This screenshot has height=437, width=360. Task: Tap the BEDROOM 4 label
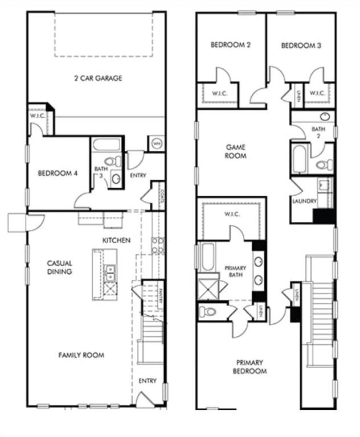58,174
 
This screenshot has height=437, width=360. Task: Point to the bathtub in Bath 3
107,145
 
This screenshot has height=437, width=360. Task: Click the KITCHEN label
116,240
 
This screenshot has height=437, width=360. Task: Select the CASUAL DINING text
59,267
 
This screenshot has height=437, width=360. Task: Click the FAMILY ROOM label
81,355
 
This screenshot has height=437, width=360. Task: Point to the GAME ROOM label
235,151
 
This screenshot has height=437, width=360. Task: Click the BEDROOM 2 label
231,46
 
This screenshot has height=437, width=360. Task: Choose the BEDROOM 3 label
301,46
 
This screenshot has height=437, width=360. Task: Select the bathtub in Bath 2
300,158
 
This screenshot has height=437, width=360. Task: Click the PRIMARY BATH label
235,271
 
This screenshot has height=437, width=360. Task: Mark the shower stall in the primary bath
207,287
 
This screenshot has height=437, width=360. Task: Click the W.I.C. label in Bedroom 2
219,93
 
